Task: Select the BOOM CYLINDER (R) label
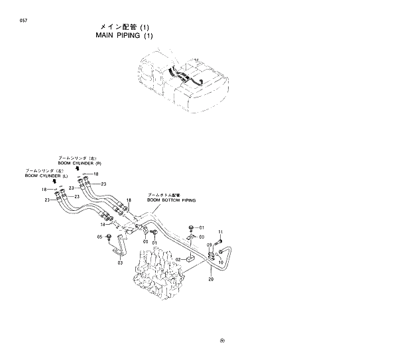tap(79, 163)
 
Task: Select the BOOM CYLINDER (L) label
tap(46, 176)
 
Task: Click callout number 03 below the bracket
tap(120, 263)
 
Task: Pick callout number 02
tap(178, 259)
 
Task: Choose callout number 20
tap(211, 279)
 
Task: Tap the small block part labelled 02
tap(188, 257)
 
